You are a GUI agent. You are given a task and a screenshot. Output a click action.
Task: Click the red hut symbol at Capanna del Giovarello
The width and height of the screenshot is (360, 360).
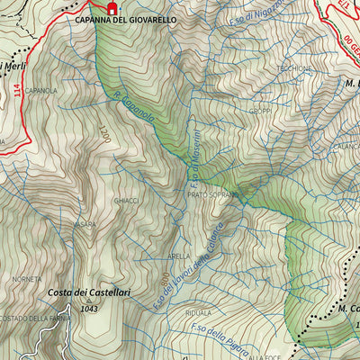(112, 8)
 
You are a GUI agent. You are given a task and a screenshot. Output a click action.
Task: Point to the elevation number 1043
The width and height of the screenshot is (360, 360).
(87, 309)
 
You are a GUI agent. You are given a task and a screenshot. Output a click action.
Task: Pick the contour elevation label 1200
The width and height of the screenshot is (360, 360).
(103, 136)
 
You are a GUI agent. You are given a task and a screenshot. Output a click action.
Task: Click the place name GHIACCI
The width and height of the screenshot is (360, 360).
(126, 201)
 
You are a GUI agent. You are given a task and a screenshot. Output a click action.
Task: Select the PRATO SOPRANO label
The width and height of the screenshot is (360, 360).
(214, 194)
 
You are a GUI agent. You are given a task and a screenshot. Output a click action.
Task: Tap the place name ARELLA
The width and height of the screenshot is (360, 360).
(179, 256)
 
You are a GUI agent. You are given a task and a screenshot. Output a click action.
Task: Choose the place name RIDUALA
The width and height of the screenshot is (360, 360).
(198, 313)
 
